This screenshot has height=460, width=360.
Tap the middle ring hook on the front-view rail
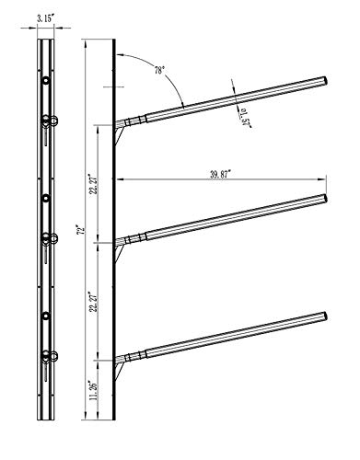pyautogui.click(x=52, y=237)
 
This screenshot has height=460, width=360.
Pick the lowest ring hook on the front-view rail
pyautogui.click(x=52, y=355)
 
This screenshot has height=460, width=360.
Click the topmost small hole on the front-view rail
pyautogui.click(x=43, y=80)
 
